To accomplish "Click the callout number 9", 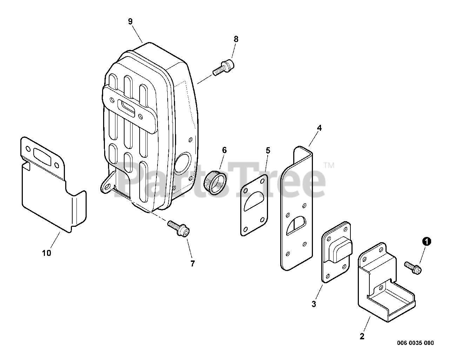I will pyautogui.click(x=130, y=21).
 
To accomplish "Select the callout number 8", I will pyautogui.click(x=236, y=39).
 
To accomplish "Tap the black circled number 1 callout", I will pyautogui.click(x=426, y=241).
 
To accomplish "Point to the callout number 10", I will pyautogui.click(x=47, y=253).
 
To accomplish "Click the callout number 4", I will pyautogui.click(x=319, y=128).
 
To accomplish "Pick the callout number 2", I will pyautogui.click(x=362, y=337).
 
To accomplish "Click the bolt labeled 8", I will pyautogui.click(x=224, y=67).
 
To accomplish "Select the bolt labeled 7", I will pyautogui.click(x=179, y=228).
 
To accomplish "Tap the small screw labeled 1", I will pyautogui.click(x=413, y=267).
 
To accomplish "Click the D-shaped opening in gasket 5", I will pyautogui.click(x=255, y=201).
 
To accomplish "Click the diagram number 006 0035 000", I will pyautogui.click(x=416, y=343).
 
